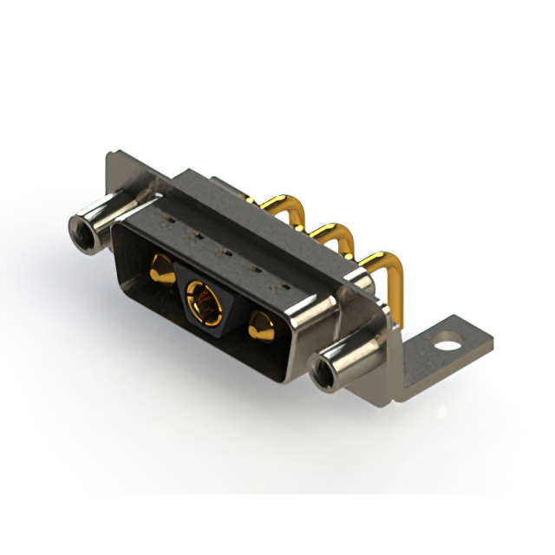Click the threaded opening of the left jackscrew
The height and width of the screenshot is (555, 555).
pyautogui.click(x=82, y=229)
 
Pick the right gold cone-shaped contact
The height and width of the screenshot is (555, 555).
pyautogui.click(x=260, y=329)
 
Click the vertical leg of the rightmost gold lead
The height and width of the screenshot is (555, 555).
pyautogui.click(x=401, y=299)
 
